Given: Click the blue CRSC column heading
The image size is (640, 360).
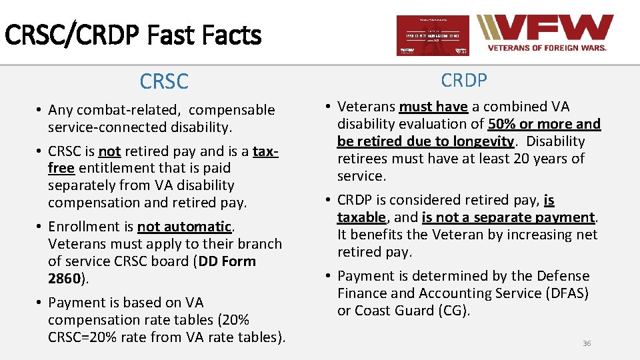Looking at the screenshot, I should [x=164, y=81].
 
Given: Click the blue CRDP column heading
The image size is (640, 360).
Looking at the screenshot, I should [x=464, y=80].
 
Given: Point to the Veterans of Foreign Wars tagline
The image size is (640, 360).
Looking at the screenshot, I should [x=547, y=48].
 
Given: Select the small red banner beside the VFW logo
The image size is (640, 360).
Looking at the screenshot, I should [x=433, y=35].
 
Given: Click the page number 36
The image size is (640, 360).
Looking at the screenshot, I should [x=587, y=343].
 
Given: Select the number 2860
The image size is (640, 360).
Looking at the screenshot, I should [x=64, y=279].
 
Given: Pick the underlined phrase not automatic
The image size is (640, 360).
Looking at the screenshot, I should [x=184, y=227].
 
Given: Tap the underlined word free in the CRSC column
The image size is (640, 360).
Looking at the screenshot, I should [x=62, y=168].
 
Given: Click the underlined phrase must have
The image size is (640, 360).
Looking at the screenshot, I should [x=433, y=107].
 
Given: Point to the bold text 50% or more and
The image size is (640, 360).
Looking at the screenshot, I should [x=544, y=124].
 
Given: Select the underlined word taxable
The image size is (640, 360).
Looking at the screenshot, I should [x=361, y=217].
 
